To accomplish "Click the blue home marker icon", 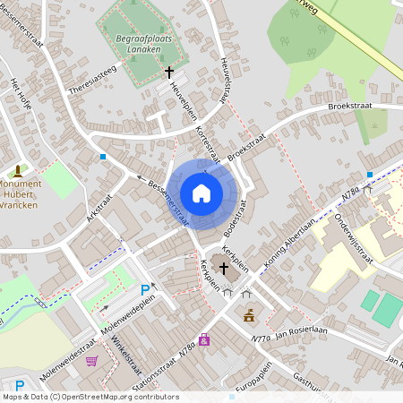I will pyautogui.click(x=201, y=193).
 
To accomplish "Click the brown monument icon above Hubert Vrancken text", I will pyautogui.click(x=18, y=169).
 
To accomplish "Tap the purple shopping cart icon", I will pyautogui.click(x=91, y=361).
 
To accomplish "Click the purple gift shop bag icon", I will pyautogui.click(x=205, y=339).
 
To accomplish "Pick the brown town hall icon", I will pyautogui.click(x=249, y=315).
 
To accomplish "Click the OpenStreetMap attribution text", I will pyautogui.click(x=90, y=397).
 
